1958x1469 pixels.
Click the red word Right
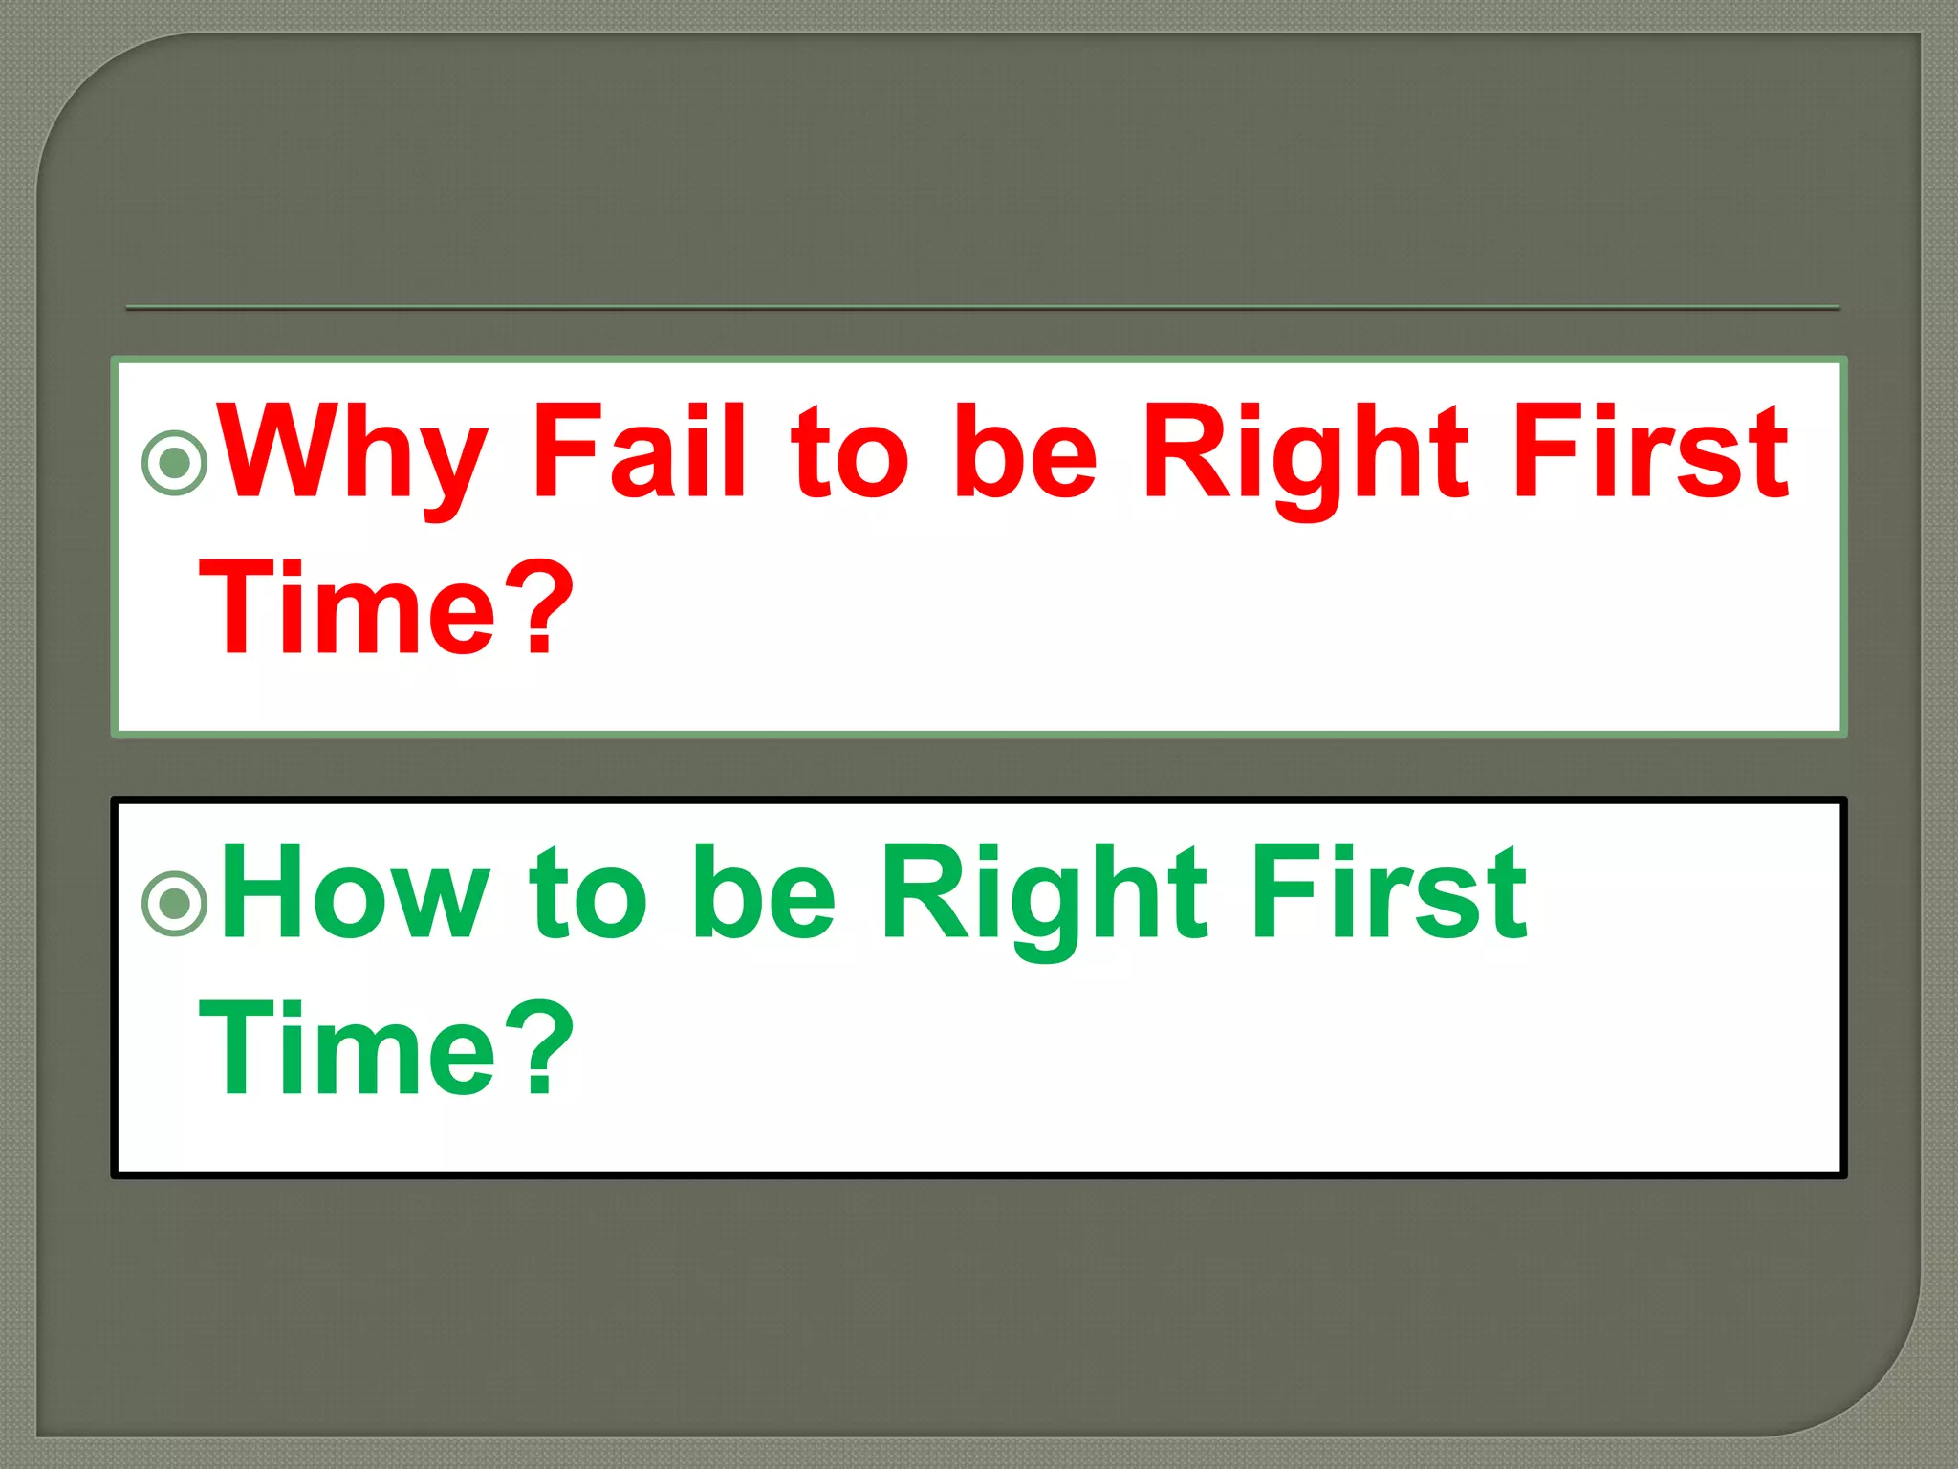tap(1305, 454)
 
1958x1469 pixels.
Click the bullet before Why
tap(175, 463)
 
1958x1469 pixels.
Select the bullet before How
tap(175, 902)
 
